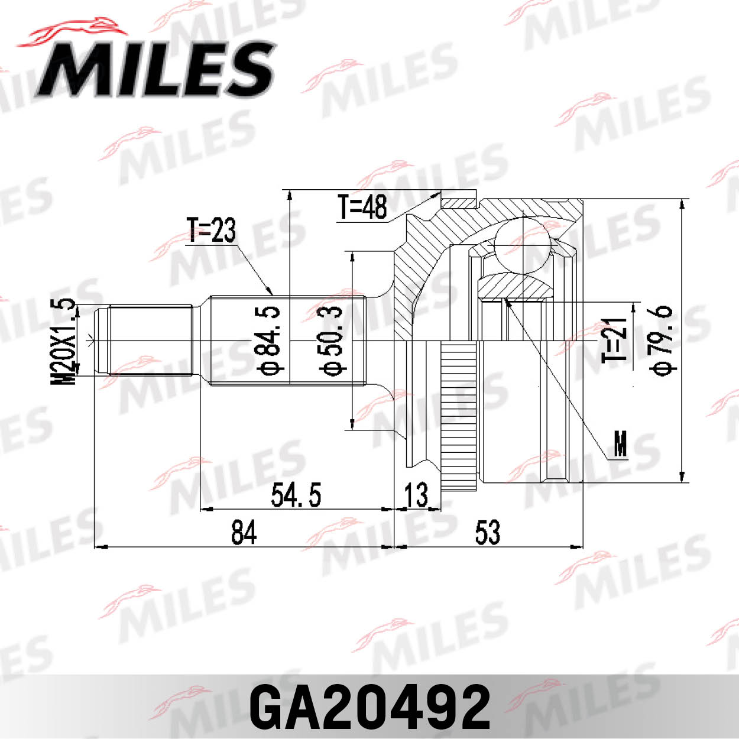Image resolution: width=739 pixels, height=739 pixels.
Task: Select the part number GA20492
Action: tap(369, 707)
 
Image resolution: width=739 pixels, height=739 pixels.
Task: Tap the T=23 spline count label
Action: tap(211, 231)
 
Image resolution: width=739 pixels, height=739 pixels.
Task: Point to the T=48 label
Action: tap(362, 207)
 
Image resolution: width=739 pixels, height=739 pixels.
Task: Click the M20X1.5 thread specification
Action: tap(65, 342)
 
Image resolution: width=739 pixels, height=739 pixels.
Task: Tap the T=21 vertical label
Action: tap(615, 341)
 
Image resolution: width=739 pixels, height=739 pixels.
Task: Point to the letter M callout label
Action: tap(620, 443)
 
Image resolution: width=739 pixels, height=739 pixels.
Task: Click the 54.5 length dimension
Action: tap(296, 495)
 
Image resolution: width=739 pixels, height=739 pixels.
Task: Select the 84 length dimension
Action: tap(244, 532)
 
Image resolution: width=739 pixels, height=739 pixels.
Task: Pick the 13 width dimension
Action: tap(417, 495)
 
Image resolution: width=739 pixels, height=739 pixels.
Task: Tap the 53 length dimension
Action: tap(487, 532)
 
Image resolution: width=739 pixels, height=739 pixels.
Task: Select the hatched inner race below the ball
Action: tap(514, 287)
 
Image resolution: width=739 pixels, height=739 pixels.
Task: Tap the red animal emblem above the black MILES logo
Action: tap(71, 33)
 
